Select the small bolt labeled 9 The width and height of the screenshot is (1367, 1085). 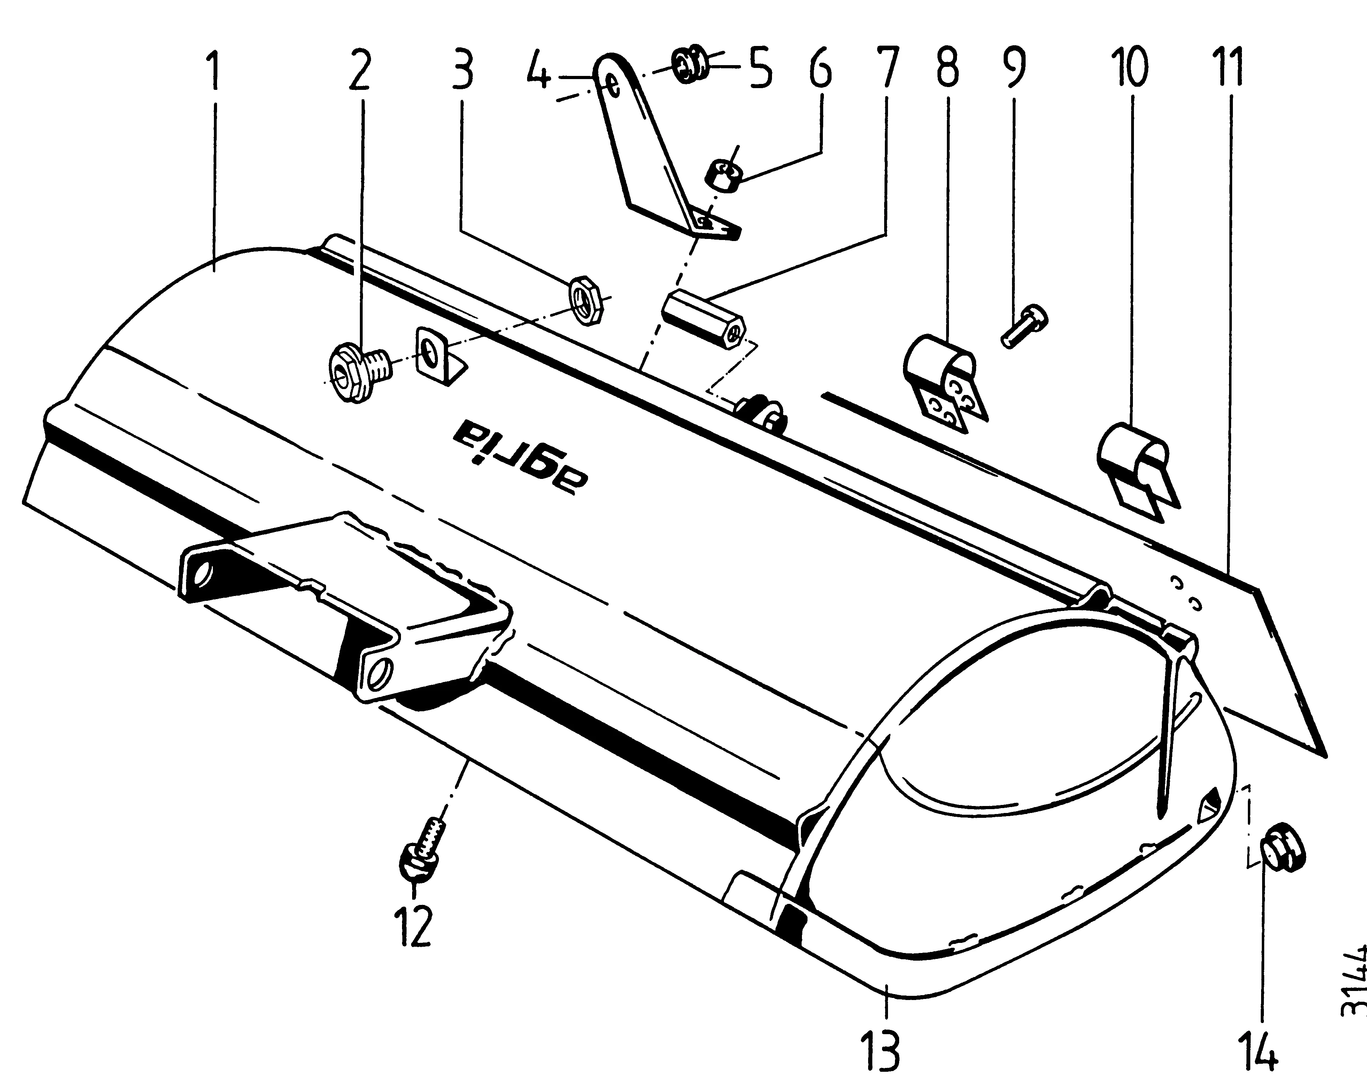click(x=1024, y=326)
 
